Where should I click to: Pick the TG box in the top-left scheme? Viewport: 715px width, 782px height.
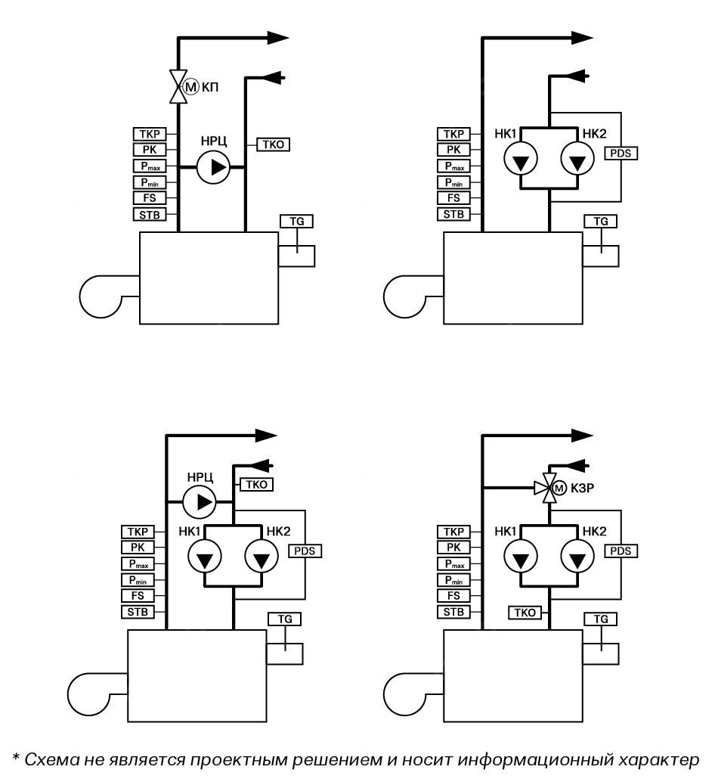tap(296, 221)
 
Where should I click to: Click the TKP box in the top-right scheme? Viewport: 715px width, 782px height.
tap(453, 135)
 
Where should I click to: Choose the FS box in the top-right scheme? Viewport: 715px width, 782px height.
tap(453, 198)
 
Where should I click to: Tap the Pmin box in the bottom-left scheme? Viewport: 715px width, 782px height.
tap(137, 579)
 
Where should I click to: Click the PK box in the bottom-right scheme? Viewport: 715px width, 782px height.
tap(453, 548)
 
